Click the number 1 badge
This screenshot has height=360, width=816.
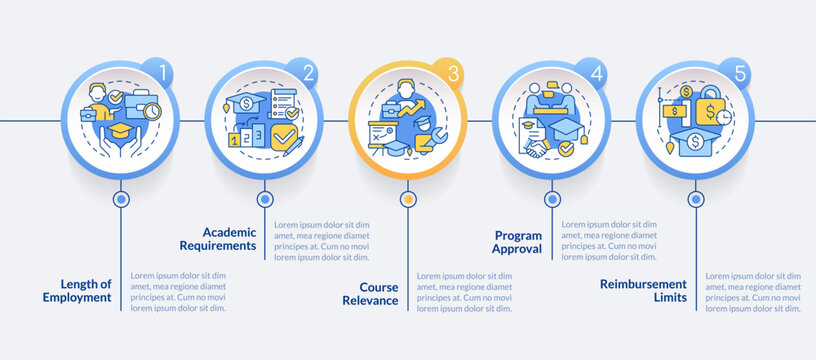coord(158,73)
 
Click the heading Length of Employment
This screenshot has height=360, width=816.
coord(77,290)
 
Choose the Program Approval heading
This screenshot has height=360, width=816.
coord(517,242)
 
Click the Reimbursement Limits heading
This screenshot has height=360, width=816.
coord(644,290)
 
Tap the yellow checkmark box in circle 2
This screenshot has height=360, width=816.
coord(284,135)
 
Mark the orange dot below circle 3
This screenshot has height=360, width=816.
coord(407,199)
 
